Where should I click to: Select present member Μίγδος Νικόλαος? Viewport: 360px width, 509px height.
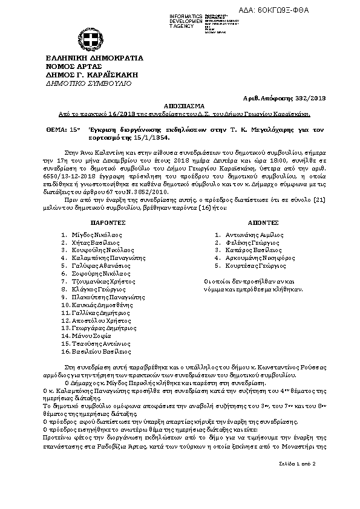point(97,234)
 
